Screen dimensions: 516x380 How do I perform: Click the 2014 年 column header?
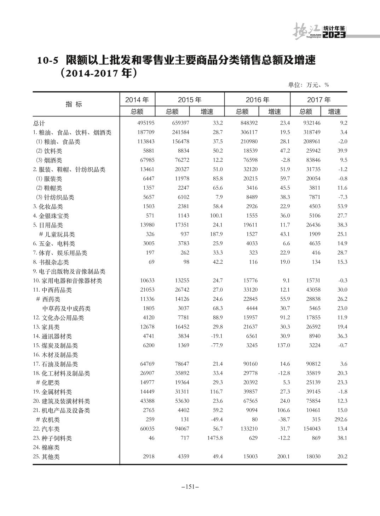coord(137,100)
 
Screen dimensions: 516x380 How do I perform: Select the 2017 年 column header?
coord(319,100)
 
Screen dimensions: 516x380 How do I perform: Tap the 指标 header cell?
coord(74,104)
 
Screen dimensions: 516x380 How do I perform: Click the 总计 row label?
coord(39,124)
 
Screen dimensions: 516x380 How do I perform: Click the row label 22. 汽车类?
coord(46,429)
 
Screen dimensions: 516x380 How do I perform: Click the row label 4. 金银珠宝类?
coord(51,216)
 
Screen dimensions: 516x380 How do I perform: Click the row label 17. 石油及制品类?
coord(56,364)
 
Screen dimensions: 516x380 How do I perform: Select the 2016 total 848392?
coord(248,123)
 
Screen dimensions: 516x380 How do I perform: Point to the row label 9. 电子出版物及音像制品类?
coord(69,271)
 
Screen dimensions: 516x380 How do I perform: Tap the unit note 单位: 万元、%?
coord(309,85)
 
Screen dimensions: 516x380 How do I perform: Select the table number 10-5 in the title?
coord(47,61)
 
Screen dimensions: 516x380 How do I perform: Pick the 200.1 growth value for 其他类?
coord(283,457)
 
